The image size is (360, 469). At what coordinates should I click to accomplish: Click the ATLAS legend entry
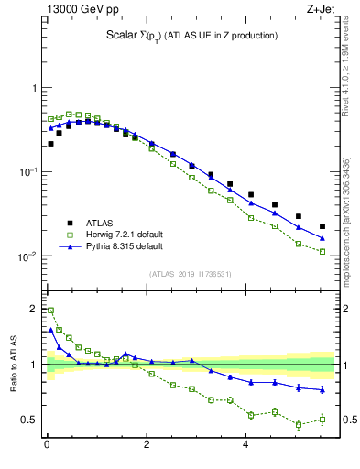click(101, 223)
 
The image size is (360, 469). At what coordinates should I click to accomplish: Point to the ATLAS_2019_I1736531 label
click(190, 273)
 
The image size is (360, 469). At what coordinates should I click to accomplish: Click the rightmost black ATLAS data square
click(322, 226)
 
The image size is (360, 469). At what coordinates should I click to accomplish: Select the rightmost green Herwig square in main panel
click(322, 251)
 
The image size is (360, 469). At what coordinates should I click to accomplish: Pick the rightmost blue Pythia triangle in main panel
click(322, 238)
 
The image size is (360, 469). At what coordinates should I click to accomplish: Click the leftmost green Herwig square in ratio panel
click(50, 311)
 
